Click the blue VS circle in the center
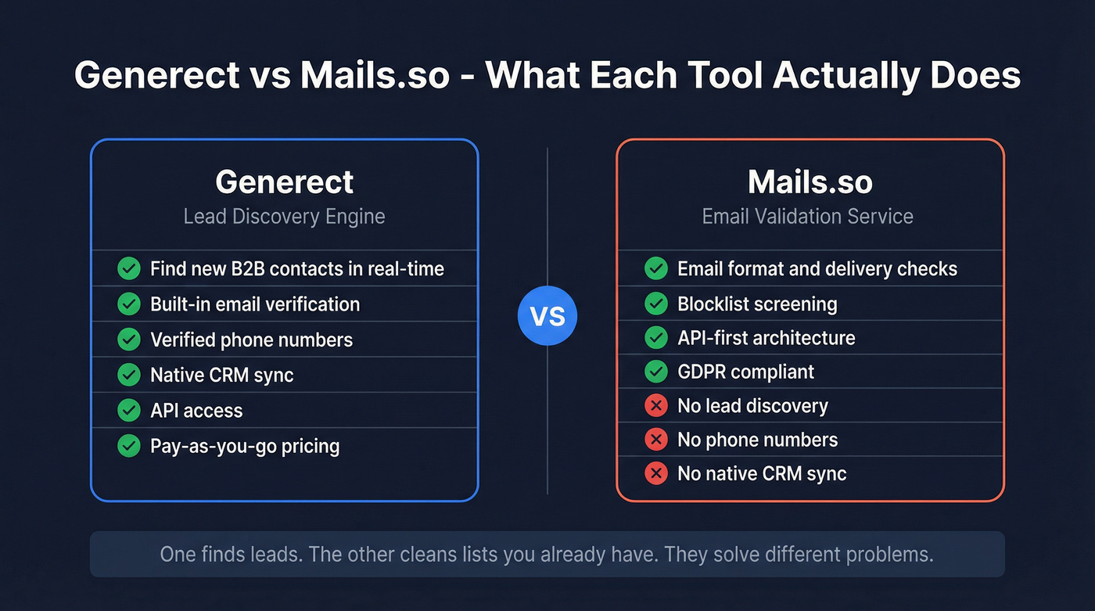coord(547,317)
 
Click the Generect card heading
coord(285,182)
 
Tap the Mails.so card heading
coord(810,182)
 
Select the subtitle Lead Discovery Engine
coord(285,217)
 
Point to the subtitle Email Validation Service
coord(808,217)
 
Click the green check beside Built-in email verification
coord(128,304)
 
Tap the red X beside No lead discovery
coord(655,406)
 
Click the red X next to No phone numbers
coord(655,440)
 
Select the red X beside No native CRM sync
coord(655,473)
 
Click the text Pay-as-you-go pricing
coord(245,447)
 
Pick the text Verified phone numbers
coord(251,340)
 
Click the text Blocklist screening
coord(757,304)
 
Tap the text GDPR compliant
coord(745,372)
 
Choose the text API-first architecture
coord(766,338)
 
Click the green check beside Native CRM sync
coord(128,375)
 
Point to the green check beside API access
coord(128,411)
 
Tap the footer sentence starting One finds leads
coord(547,555)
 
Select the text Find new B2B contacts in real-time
coord(297,269)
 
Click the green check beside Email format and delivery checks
coord(655,269)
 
